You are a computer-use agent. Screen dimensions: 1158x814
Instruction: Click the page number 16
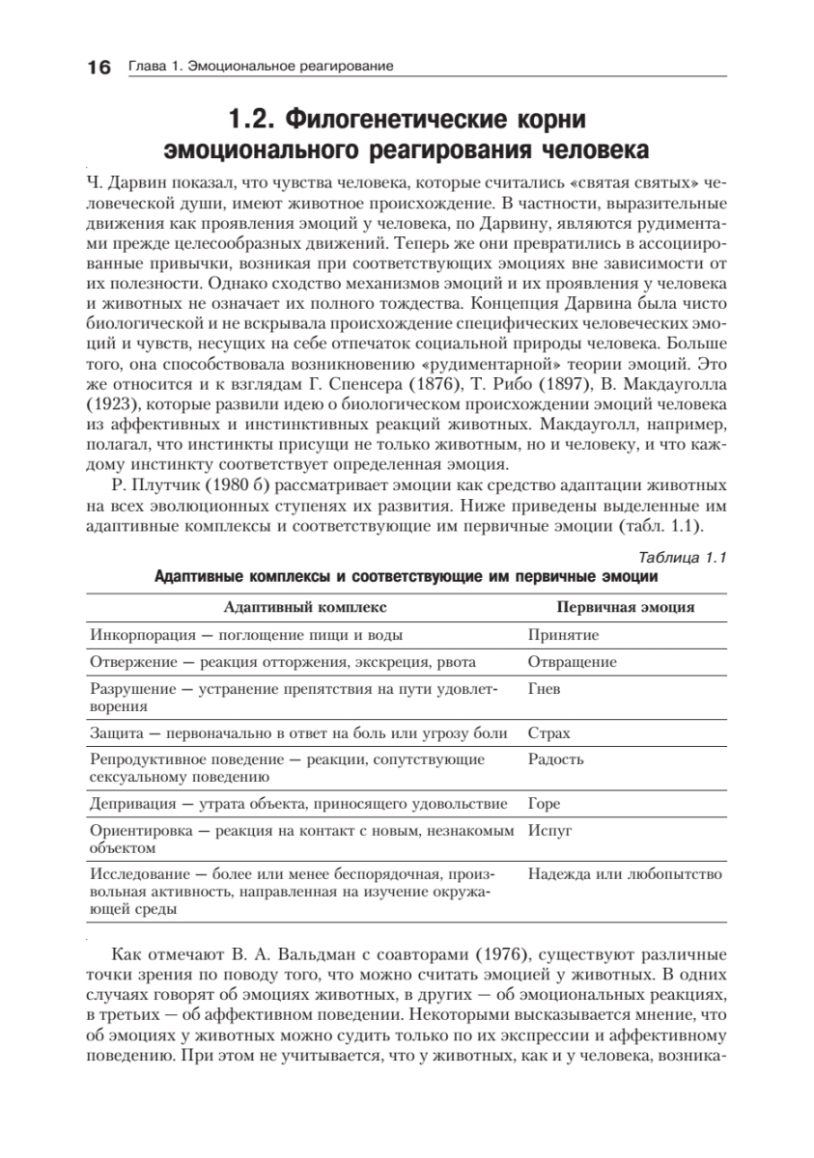(99, 67)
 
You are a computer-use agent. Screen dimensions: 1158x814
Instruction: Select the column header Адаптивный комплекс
(304, 607)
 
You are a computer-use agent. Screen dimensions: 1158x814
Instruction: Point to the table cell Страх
(548, 733)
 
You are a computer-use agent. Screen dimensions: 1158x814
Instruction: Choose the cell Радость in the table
(555, 758)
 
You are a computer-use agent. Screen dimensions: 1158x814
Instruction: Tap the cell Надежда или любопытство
(625, 874)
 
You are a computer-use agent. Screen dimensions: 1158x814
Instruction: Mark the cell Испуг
(550, 829)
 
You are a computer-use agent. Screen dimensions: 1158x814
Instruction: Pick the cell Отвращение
(572, 662)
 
